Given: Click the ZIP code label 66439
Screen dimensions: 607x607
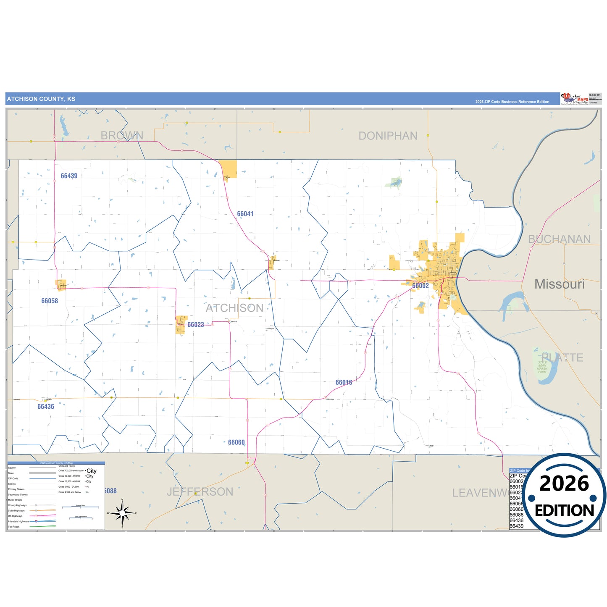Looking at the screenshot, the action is coord(69,176).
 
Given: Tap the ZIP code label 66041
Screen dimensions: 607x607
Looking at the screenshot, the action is coord(245,214).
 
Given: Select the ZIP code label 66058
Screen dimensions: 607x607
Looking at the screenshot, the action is coord(50,301).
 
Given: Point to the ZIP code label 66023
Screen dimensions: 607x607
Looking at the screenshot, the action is coord(195,325).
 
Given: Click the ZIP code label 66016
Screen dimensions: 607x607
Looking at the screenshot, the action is coord(344,382).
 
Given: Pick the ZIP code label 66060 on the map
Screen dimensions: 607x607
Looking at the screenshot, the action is coord(236,442).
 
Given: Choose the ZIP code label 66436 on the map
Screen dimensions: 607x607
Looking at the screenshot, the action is coord(46,407).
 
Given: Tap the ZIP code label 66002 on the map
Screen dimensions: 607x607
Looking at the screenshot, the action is coord(420,286).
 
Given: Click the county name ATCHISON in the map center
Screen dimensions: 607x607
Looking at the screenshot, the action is coord(234,308).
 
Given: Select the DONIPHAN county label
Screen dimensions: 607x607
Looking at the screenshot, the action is coord(388,136).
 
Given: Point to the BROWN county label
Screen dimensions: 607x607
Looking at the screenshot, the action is coord(122,135).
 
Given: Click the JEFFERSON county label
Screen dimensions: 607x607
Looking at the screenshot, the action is coord(200,491).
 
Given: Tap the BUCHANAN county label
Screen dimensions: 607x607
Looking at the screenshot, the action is coord(559,239).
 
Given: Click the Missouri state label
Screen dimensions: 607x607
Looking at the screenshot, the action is coord(559,284).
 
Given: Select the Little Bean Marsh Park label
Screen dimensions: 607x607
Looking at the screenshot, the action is coord(542,367).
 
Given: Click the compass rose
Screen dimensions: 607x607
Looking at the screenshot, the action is coord(122,513).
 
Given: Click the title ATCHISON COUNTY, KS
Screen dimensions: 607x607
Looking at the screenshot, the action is coord(41,99).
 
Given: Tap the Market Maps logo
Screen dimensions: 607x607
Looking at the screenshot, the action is coord(574,99).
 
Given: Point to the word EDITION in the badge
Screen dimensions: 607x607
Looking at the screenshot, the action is coord(564,510).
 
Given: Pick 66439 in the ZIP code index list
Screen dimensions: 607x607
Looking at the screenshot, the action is coord(516,526).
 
